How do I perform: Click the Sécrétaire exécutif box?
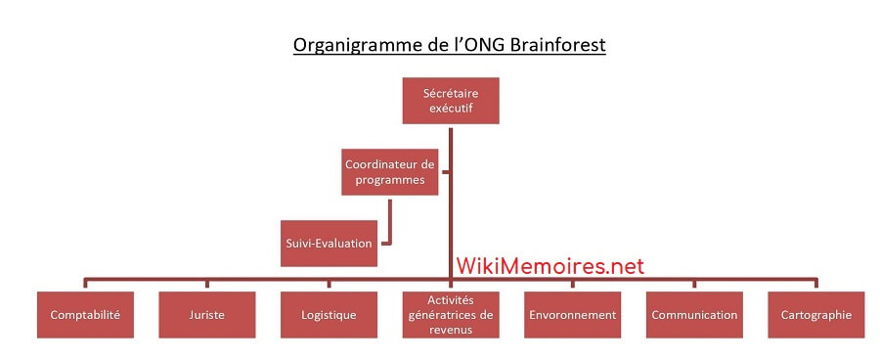coord(451,101)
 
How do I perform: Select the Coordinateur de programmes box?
coord(390,172)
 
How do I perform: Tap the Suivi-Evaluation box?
coord(329,244)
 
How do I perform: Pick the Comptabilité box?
coord(85,315)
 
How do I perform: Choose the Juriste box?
coord(206,315)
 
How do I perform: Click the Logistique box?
coord(329,315)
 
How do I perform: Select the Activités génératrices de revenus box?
coord(451,315)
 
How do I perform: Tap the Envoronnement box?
coord(572,315)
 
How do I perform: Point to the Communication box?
coord(694,315)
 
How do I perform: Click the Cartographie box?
coord(816,315)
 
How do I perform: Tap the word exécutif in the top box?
coord(451,109)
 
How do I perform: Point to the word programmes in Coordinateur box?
coord(390,180)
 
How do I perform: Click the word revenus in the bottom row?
coord(451,330)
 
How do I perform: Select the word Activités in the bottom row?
coord(451,300)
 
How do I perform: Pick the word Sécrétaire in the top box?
coord(451,93)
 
